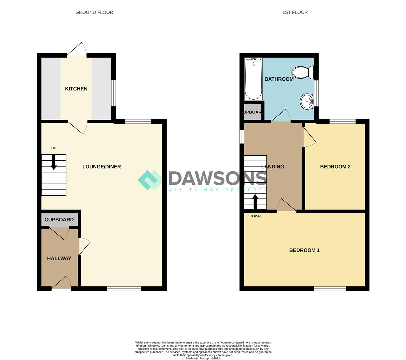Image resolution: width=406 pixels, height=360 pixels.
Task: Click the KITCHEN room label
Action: (x=76, y=89)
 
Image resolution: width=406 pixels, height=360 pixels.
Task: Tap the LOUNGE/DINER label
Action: (x=101, y=167)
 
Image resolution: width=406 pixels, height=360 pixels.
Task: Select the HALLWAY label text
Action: (x=59, y=258)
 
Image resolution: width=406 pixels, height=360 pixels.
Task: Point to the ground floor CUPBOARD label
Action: (x=59, y=220)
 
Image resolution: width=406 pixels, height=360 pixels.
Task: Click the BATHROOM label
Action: (x=279, y=79)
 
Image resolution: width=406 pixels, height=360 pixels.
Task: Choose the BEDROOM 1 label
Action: (x=304, y=250)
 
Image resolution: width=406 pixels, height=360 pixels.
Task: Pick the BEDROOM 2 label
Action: (x=335, y=167)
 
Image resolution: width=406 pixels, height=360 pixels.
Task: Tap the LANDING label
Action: (x=272, y=167)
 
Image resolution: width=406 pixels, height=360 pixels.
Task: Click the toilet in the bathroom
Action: (x=303, y=72)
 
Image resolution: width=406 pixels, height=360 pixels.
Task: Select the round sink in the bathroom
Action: (x=306, y=101)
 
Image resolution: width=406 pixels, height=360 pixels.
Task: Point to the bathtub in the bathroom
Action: (x=253, y=79)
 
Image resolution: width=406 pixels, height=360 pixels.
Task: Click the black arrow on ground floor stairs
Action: (x=54, y=163)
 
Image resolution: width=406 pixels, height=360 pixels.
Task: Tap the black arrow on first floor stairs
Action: (x=255, y=201)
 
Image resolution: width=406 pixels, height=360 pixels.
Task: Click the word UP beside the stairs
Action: (x=54, y=148)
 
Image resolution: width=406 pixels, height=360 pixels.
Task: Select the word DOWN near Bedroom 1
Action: (x=255, y=216)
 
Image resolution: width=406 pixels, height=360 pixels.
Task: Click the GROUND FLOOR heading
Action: (x=94, y=12)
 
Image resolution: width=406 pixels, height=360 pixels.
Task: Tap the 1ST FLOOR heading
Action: (x=295, y=12)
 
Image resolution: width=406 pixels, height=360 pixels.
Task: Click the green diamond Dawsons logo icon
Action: (x=150, y=180)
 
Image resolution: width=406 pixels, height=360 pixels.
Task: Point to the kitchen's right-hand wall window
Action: (x=114, y=93)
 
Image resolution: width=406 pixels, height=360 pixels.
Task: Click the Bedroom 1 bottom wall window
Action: (x=330, y=289)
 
